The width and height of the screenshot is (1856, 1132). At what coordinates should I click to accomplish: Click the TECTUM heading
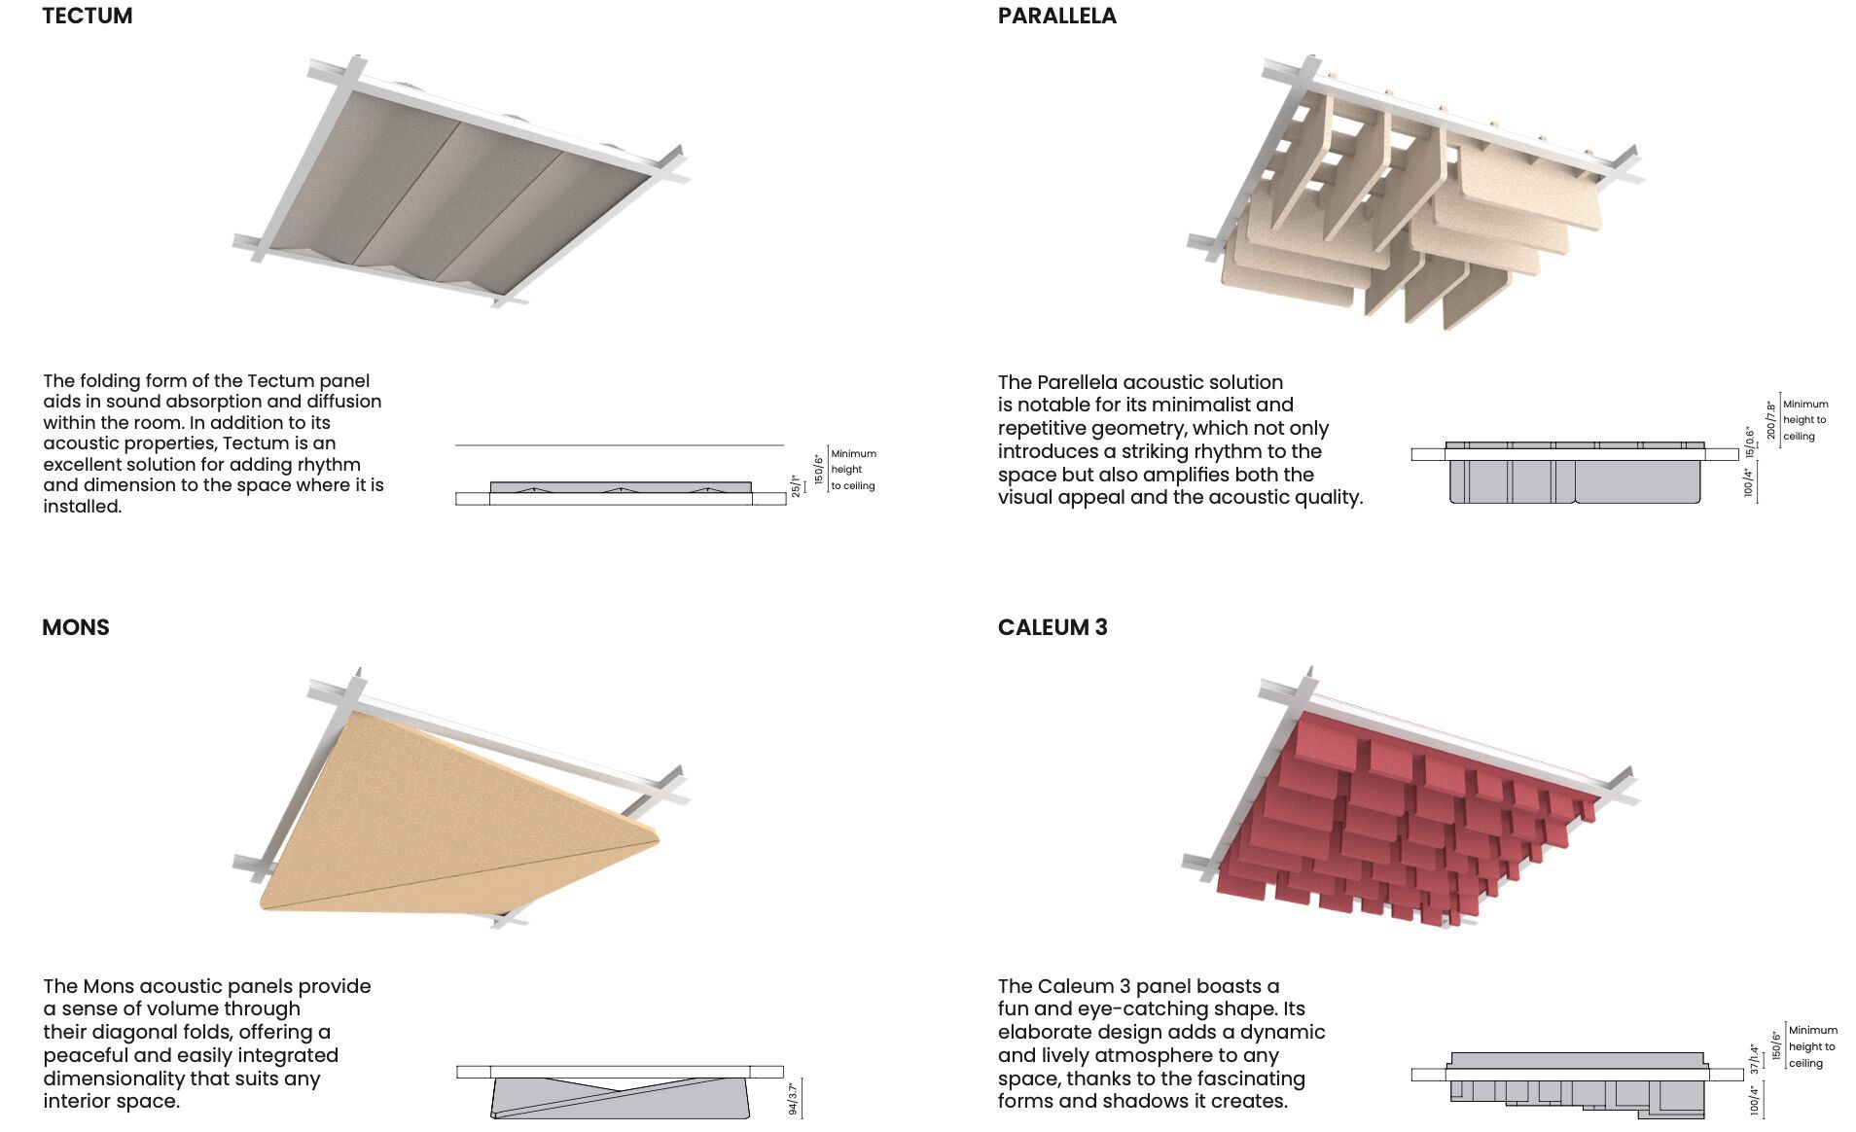point(88,17)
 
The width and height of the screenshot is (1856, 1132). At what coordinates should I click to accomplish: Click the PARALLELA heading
point(1056,17)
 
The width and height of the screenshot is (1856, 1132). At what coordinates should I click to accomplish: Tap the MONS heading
point(76,627)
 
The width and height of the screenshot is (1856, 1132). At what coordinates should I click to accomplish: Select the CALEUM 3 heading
point(1053,627)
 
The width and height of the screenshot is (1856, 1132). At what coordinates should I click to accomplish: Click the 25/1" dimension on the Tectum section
point(796,486)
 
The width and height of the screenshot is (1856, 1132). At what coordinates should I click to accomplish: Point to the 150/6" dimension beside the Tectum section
point(819,470)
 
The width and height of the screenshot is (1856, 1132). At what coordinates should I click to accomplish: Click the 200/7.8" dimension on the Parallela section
point(1771,419)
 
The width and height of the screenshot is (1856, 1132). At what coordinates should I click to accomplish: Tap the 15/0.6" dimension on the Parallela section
point(1750,442)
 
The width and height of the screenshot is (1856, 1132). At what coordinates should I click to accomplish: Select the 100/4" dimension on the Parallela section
point(1749,482)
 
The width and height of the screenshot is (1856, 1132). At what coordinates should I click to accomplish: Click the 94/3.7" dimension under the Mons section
point(793,1099)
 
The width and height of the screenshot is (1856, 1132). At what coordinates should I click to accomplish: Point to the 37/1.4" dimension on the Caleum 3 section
point(1754,1060)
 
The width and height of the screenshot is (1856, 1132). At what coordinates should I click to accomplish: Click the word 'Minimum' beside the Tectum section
point(853,454)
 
